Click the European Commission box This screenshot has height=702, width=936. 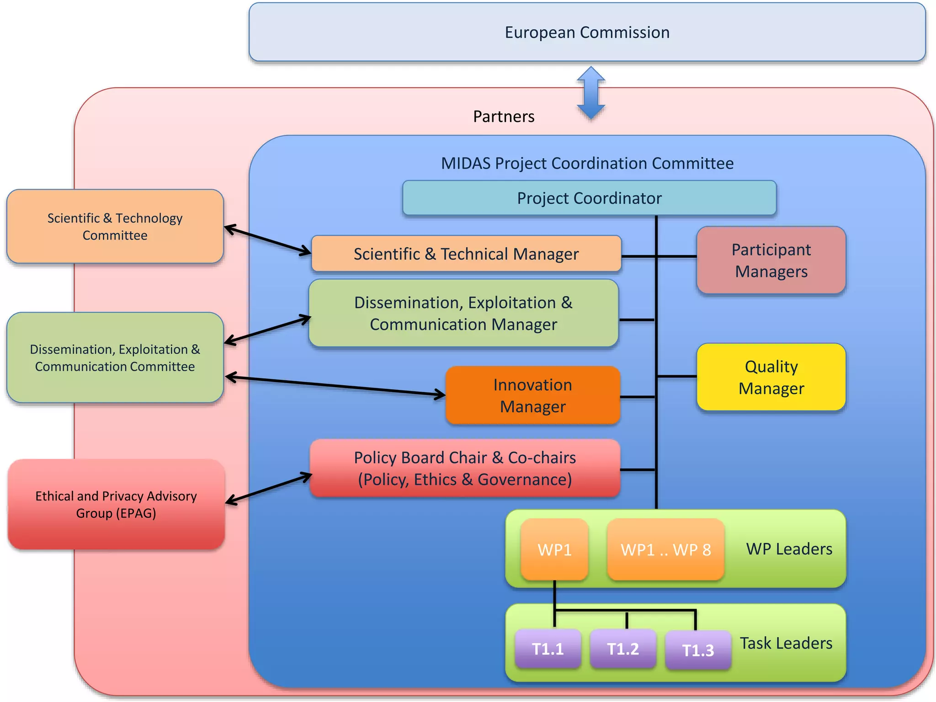pos(587,32)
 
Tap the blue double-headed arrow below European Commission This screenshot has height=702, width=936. pos(591,93)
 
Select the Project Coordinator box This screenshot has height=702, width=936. pos(589,198)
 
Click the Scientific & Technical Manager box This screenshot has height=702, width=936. pos(466,254)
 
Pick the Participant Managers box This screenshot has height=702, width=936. pos(771,260)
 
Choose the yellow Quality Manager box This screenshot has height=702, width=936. pos(771,377)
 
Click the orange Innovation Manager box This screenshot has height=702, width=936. pos(532,395)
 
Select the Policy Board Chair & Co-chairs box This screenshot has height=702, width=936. pos(465,468)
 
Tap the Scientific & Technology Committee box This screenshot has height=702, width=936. pos(115,226)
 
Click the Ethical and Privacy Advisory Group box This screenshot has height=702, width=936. pos(116,504)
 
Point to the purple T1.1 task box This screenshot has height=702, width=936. pos(548,649)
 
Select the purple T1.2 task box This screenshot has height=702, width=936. pos(622,649)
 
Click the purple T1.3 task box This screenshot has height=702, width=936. pos(698,650)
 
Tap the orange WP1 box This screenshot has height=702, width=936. pos(554,549)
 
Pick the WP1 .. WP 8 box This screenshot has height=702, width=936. pos(665,549)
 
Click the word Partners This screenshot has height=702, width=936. pos(504,117)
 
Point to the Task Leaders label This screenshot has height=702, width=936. pos(786,643)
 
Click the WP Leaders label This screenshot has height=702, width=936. pos(789,548)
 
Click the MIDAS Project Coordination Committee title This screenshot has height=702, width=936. pos(587,163)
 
